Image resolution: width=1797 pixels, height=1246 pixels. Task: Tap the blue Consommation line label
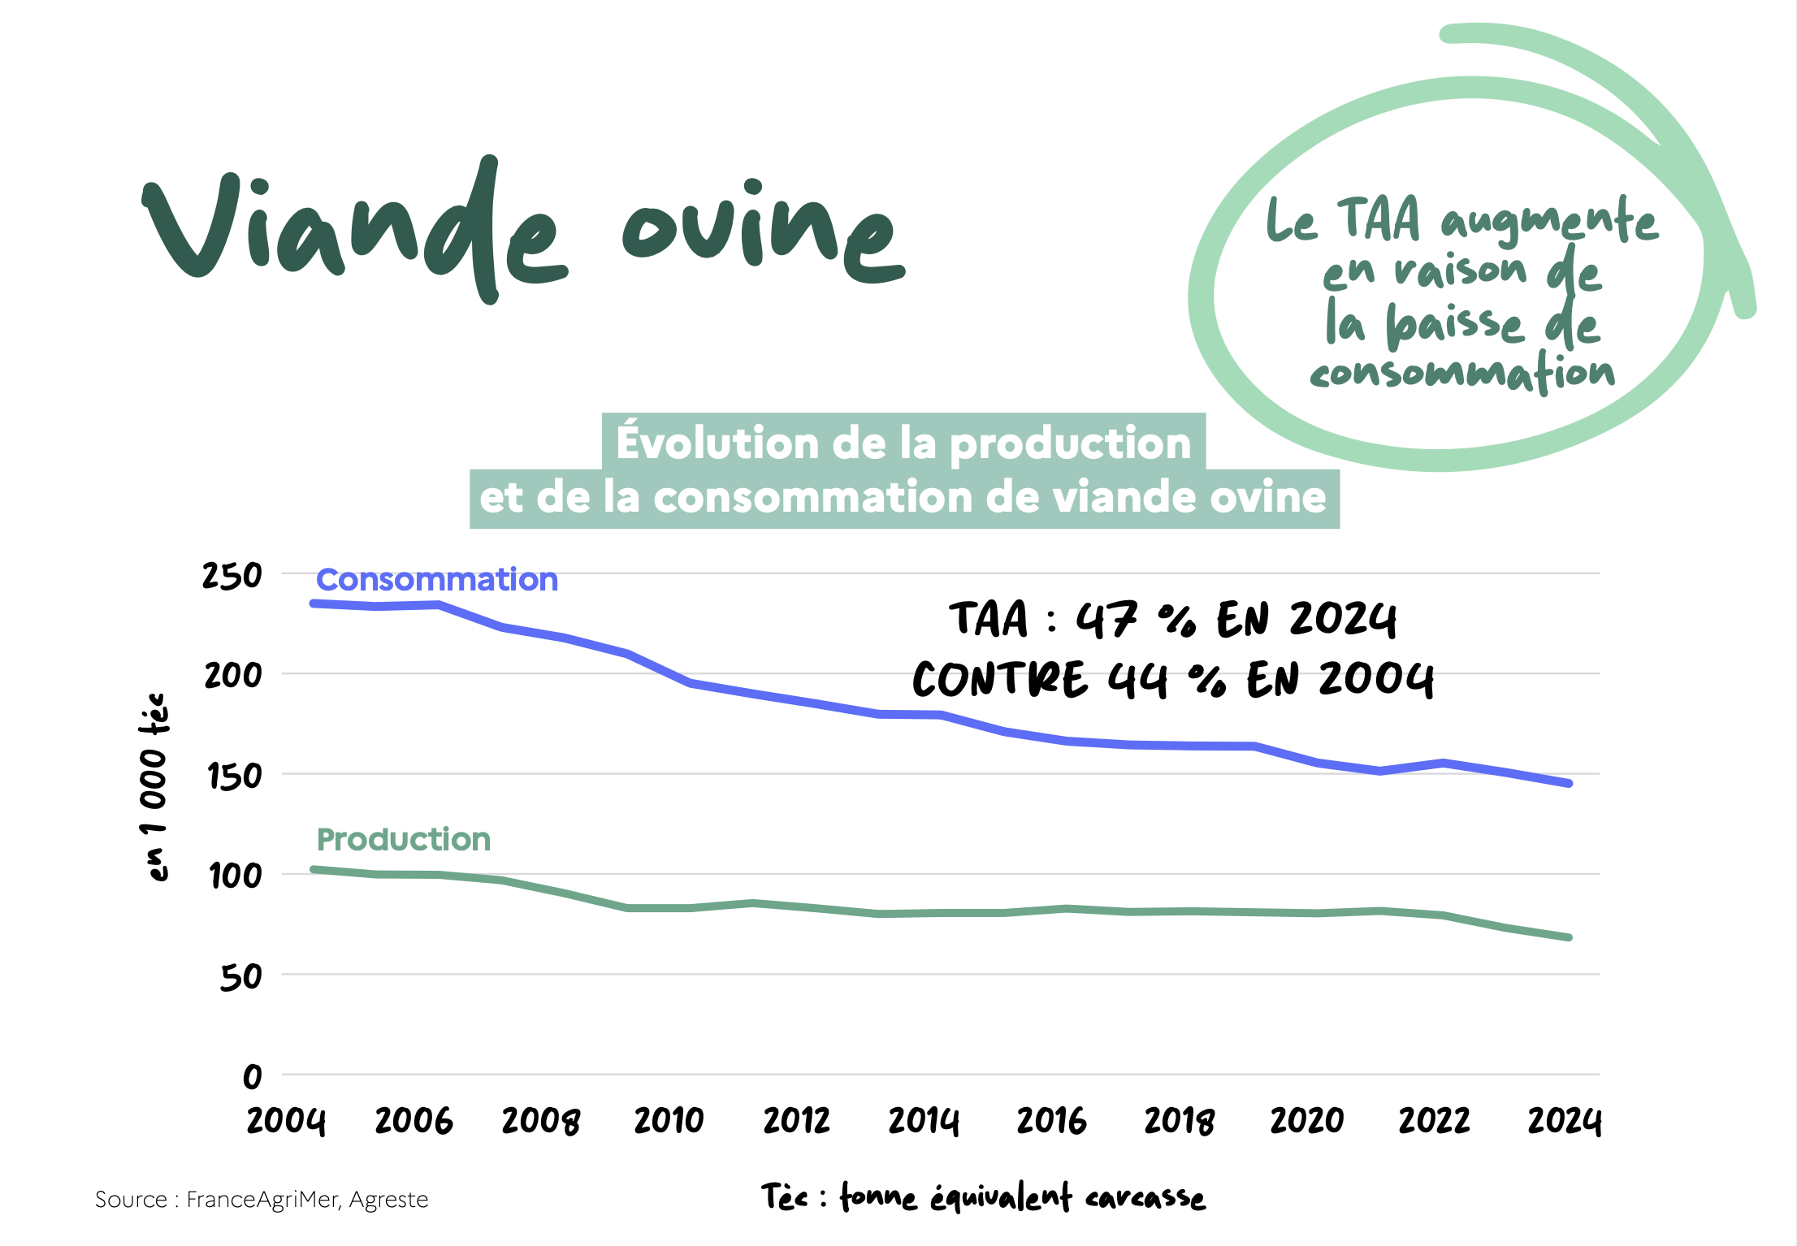click(x=437, y=580)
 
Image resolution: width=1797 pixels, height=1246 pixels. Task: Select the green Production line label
click(x=404, y=840)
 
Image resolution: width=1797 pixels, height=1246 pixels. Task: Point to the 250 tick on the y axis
click(x=232, y=576)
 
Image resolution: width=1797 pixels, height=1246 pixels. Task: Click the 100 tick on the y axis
click(x=235, y=876)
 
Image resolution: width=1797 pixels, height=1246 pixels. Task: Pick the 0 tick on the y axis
click(x=253, y=1077)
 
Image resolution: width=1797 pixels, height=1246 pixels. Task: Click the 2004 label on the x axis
click(x=286, y=1122)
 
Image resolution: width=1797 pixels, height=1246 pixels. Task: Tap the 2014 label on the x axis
click(x=924, y=1122)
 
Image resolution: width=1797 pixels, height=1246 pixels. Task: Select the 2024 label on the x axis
click(x=1564, y=1122)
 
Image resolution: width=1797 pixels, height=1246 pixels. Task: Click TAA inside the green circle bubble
click(x=1379, y=219)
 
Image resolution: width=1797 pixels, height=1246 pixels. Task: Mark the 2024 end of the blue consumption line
click(x=1569, y=784)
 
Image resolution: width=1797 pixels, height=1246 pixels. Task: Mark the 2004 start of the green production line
click(x=314, y=870)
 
